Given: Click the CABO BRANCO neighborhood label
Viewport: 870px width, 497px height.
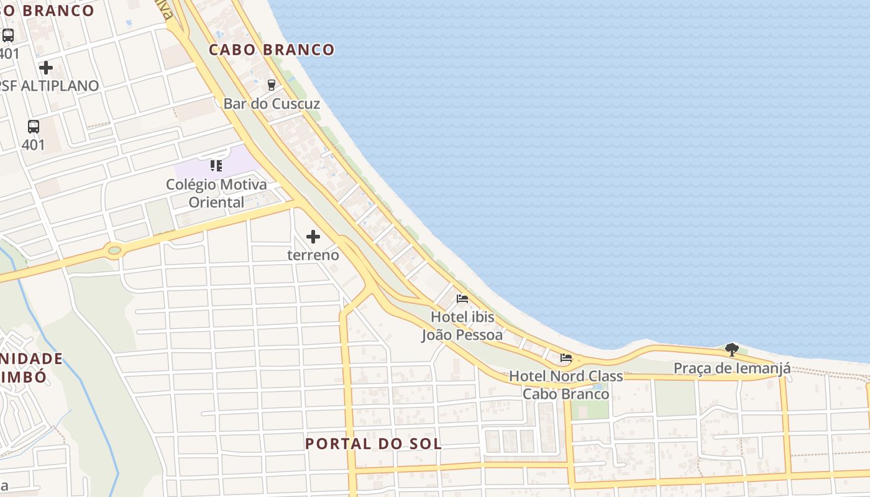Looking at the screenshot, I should tap(272, 50).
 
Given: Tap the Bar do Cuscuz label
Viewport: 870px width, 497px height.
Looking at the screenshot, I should tap(272, 104).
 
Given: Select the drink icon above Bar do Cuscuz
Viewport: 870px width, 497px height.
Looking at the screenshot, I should tap(271, 84).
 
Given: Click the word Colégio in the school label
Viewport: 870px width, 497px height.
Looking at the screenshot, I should tap(191, 185).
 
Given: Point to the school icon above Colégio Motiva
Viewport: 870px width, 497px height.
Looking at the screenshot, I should tap(216, 165).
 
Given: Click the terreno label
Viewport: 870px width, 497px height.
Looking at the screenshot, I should tap(313, 255).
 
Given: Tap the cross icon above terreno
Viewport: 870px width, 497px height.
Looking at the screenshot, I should tap(313, 237).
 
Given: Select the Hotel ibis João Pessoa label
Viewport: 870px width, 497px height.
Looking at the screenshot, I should tap(462, 326).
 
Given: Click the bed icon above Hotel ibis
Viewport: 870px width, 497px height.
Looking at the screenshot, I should tap(462, 299).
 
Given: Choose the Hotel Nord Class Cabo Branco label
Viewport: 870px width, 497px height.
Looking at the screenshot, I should tap(565, 385).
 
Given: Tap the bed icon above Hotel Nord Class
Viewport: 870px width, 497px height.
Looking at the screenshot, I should tap(565, 358).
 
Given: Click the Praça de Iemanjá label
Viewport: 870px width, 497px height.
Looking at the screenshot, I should tap(732, 368).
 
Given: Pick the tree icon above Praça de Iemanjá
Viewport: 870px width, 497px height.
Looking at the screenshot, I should tap(732, 349).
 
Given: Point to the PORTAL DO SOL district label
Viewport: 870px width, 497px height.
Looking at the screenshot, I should tap(373, 444).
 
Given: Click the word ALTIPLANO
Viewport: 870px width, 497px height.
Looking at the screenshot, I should tap(60, 86).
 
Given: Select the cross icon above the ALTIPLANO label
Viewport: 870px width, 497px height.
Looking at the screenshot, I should tap(46, 67).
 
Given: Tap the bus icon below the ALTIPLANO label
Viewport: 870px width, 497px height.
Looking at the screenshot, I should tap(34, 127).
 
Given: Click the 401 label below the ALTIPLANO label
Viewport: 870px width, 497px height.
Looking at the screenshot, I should tap(34, 145).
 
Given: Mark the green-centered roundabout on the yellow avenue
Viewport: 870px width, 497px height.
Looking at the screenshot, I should tap(114, 251).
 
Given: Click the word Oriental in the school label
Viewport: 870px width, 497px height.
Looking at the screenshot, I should tap(216, 202).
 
